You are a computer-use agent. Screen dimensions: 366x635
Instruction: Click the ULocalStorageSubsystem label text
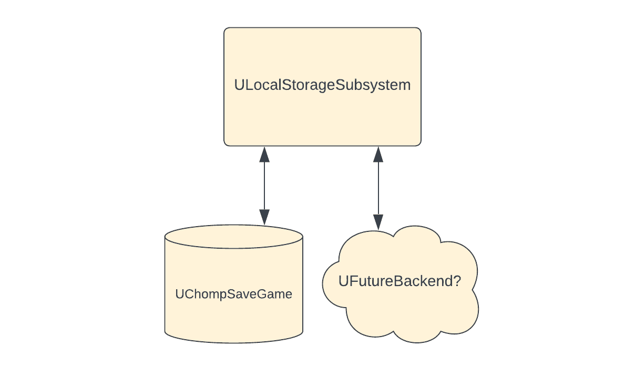[322, 85]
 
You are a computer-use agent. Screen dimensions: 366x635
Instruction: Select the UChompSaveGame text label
[233, 294]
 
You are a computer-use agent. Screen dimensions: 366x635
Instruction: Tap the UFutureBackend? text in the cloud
[400, 281]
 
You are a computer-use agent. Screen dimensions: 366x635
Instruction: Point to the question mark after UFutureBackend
[456, 281]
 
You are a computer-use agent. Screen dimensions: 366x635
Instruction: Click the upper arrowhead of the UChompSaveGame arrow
[264, 154]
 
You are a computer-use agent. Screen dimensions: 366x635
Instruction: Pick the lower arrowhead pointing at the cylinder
[264, 217]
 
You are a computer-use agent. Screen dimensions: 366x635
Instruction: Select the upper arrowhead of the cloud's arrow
[377, 154]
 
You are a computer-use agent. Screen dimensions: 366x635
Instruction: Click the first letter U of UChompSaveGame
[180, 294]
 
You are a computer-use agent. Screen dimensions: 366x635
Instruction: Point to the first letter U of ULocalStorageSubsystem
[239, 85]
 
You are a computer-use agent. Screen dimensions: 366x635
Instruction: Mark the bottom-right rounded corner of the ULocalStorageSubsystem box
[418, 143]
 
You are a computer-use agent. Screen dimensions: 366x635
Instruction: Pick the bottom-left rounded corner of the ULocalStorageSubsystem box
[227, 143]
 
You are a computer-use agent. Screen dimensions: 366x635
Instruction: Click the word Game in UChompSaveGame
[274, 294]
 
